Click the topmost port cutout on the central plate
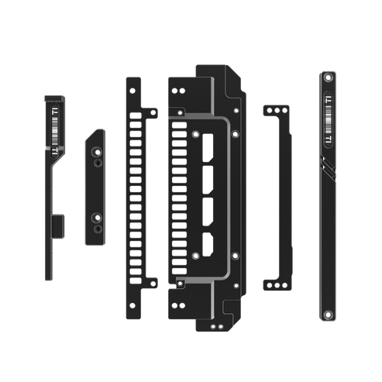208,151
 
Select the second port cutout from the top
208,180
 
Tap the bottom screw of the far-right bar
328,314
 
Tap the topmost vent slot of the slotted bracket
136,113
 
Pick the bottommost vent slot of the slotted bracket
136,273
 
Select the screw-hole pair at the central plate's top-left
176,91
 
